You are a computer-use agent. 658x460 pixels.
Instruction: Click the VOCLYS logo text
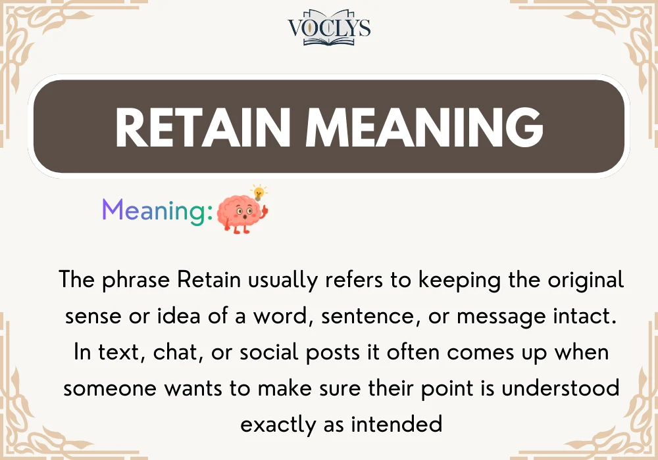[329, 28]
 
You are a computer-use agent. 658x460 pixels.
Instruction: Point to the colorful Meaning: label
[157, 210]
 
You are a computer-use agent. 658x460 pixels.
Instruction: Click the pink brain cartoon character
[240, 213]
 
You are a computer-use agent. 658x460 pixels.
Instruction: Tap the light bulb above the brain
[259, 193]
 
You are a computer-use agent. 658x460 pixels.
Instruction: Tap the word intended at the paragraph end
[396, 425]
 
